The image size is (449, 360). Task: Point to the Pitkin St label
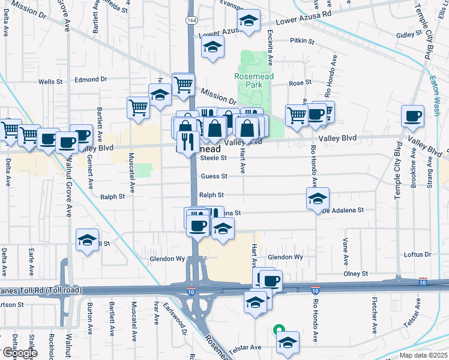(x=302, y=41)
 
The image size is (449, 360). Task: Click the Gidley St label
(x=409, y=35)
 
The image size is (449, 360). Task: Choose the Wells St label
(x=50, y=82)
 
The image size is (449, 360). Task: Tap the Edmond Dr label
(x=91, y=79)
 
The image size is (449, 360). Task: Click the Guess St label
(x=214, y=176)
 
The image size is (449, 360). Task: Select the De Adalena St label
(x=343, y=210)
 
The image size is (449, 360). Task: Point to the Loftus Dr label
(x=418, y=254)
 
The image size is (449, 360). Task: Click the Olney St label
(x=355, y=274)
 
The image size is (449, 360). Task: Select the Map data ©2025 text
(x=423, y=355)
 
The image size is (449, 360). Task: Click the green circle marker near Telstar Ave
(x=278, y=329)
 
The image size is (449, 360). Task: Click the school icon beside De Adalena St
(x=318, y=199)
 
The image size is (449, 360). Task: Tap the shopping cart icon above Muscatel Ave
(x=138, y=107)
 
